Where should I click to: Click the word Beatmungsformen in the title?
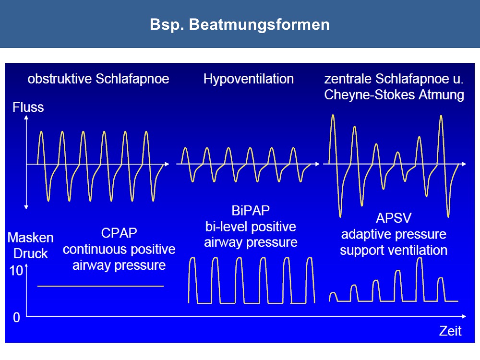point(259,25)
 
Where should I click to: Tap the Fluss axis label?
point(28,108)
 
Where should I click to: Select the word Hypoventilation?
point(249,79)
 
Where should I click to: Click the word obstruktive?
point(60,79)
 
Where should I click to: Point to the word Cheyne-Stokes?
point(370,95)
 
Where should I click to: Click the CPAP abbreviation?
point(119,233)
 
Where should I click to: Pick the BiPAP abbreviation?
point(251,211)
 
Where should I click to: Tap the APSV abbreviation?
point(394,218)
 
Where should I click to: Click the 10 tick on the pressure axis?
point(16,271)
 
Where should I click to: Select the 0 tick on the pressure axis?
point(16,317)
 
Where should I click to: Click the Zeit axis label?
point(450,331)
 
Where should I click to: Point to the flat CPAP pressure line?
point(100,286)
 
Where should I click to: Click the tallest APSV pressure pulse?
point(420,279)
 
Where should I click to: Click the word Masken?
point(31,238)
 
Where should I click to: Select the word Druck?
point(31,254)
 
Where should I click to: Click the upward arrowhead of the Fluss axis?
point(26,117)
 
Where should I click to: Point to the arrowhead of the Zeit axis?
point(464,316)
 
